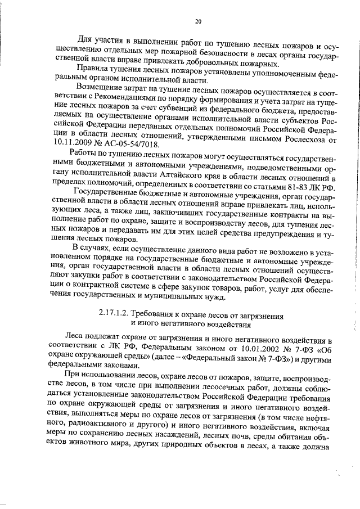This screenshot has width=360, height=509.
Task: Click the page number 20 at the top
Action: [x=198, y=21]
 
